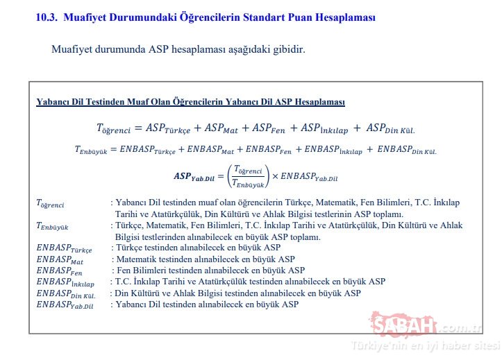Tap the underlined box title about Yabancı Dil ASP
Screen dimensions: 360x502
coord(190,102)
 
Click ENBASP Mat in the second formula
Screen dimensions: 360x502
coord(207,149)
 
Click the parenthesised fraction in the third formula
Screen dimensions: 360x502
coord(249,176)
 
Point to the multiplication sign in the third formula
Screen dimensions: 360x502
coord(275,175)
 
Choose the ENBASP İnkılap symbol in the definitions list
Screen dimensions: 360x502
coord(63,282)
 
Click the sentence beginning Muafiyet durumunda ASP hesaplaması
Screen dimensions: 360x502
coord(178,50)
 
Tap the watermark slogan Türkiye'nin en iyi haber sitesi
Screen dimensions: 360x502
coord(425,345)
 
